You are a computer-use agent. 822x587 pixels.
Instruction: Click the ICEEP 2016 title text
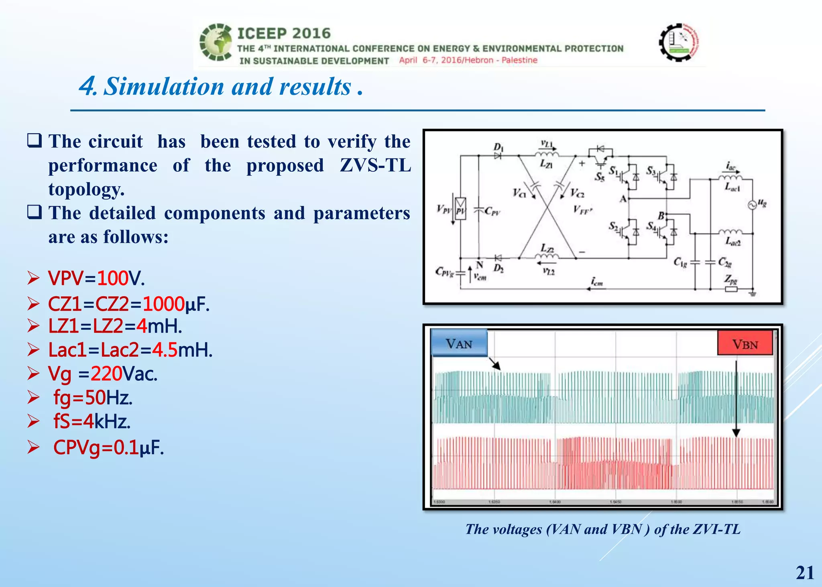click(284, 33)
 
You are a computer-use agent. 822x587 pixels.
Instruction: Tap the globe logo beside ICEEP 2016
click(216, 42)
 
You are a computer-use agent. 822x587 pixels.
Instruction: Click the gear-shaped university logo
click(679, 42)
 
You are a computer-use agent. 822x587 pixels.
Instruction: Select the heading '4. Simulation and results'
click(221, 87)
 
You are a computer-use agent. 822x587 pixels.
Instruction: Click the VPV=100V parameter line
click(96, 278)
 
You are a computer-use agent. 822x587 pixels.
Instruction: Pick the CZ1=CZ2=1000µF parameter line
click(128, 304)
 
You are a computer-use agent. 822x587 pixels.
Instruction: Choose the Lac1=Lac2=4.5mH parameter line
click(130, 350)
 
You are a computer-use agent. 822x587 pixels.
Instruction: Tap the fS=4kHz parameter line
click(92, 421)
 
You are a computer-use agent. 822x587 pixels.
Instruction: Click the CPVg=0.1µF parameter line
click(108, 447)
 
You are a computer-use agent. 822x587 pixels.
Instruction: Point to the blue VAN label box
click(459, 343)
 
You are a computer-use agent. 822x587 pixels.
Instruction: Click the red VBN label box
click(745, 343)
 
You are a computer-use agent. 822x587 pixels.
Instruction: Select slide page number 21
click(805, 573)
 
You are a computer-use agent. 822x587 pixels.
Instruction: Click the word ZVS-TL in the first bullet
click(375, 165)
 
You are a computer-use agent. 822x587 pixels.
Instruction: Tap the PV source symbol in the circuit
click(460, 209)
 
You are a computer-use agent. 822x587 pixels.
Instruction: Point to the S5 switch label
click(599, 177)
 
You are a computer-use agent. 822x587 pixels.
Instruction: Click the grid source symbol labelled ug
click(752, 205)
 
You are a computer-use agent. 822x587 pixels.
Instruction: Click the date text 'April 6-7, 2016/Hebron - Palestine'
click(468, 60)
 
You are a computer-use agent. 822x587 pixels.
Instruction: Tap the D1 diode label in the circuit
click(498, 147)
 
